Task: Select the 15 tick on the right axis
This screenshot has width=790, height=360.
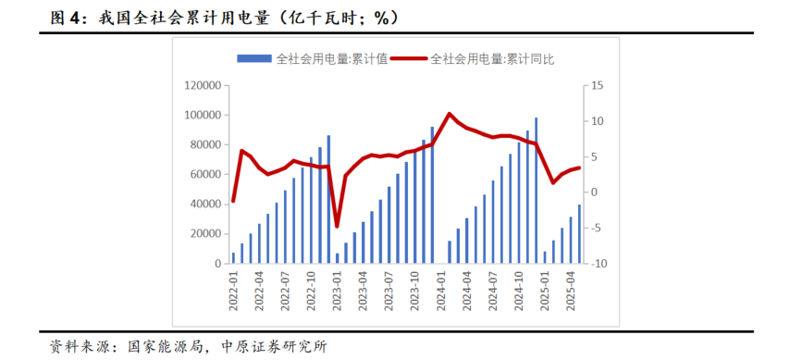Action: (597, 85)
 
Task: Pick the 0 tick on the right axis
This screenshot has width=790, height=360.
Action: (594, 192)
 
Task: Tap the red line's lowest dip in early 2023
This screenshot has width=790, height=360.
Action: (337, 226)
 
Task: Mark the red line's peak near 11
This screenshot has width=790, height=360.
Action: (450, 114)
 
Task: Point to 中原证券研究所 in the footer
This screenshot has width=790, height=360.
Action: (275, 346)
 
